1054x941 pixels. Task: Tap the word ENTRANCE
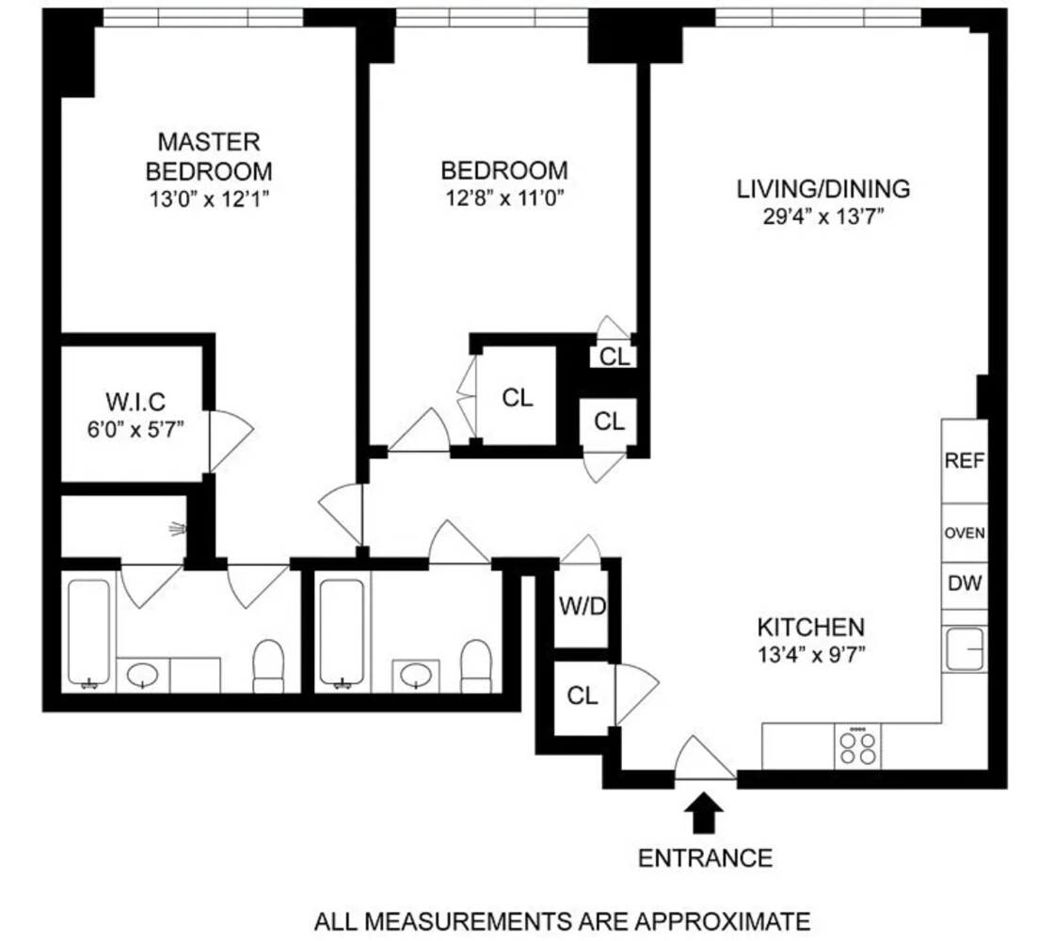tap(705, 857)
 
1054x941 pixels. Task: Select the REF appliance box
tap(964, 461)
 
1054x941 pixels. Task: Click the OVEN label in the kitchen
tap(964, 533)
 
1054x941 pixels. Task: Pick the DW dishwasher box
tap(964, 583)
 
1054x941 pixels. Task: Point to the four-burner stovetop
tap(857, 747)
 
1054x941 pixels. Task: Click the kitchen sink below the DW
tap(965, 649)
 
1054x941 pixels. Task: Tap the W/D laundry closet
tap(583, 606)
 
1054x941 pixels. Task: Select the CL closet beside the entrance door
tap(583, 695)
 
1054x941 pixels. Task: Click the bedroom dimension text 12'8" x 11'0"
tap(504, 198)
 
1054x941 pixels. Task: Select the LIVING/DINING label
tap(822, 188)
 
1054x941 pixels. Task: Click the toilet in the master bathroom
tap(270, 665)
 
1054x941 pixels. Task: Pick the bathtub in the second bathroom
tap(342, 632)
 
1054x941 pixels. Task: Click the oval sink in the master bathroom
tap(143, 674)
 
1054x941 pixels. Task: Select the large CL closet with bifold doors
tap(516, 397)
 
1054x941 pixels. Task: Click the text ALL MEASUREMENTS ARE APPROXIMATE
tap(561, 919)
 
